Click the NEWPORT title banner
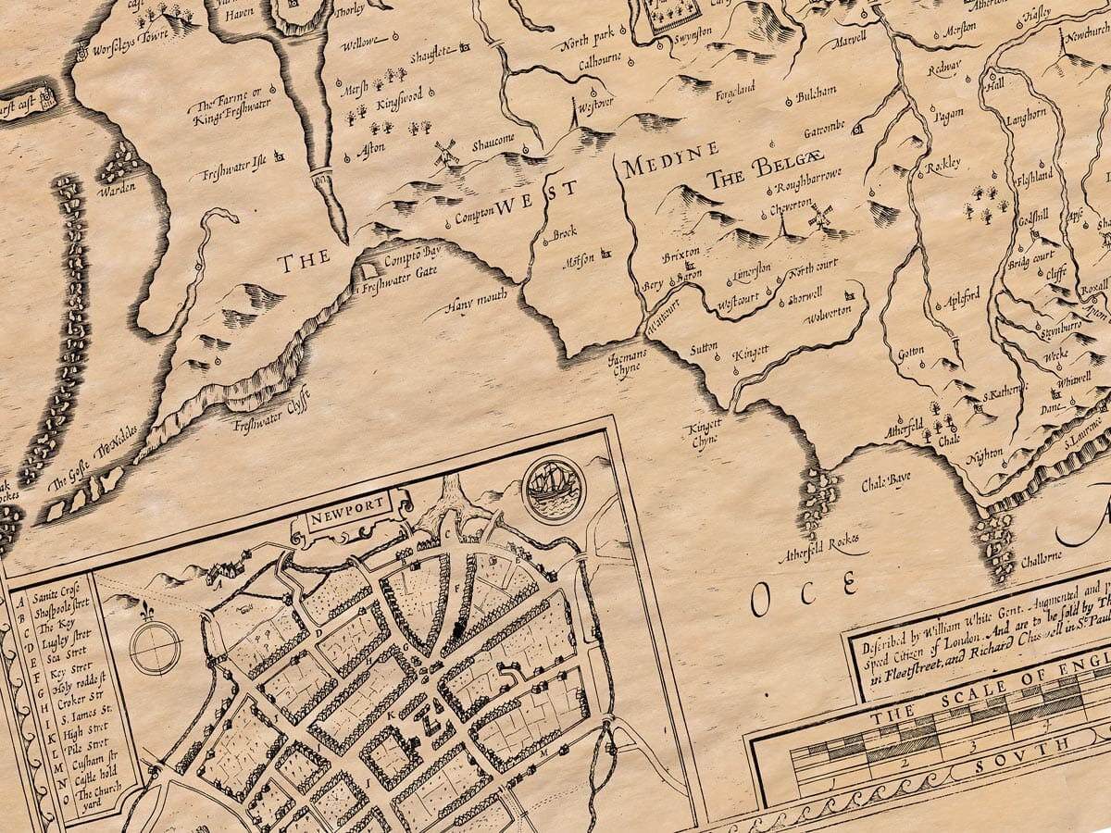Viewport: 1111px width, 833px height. [x=351, y=514]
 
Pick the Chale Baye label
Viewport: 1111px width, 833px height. [x=886, y=479]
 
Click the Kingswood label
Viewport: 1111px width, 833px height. [x=399, y=96]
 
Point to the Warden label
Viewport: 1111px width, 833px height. [x=118, y=186]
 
